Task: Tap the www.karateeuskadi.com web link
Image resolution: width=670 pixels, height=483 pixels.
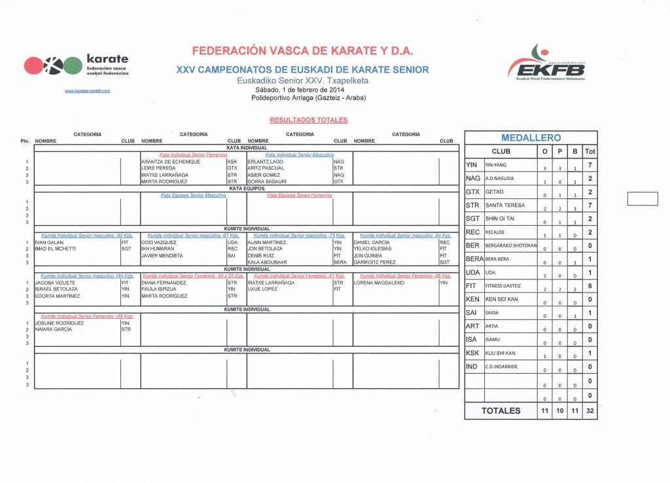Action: coord(88,91)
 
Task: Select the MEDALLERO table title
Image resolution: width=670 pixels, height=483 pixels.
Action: coord(531,137)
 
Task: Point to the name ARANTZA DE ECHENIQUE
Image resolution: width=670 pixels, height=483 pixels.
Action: coord(170,161)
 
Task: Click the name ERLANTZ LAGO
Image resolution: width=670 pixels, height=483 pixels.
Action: coord(265,161)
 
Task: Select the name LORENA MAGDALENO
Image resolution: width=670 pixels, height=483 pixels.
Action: coord(377,283)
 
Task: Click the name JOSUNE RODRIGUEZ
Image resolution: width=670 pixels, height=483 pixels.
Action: coord(60,323)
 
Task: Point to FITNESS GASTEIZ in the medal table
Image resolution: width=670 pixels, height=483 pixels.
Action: coord(503,286)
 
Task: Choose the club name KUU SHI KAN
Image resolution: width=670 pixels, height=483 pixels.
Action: coord(501,353)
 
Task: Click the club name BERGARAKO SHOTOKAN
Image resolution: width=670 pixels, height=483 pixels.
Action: coord(511,245)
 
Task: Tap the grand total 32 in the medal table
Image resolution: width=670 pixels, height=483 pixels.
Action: coord(590,410)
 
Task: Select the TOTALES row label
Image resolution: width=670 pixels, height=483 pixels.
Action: coord(501,410)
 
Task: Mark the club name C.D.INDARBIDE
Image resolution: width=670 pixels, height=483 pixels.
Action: coord(501,367)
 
